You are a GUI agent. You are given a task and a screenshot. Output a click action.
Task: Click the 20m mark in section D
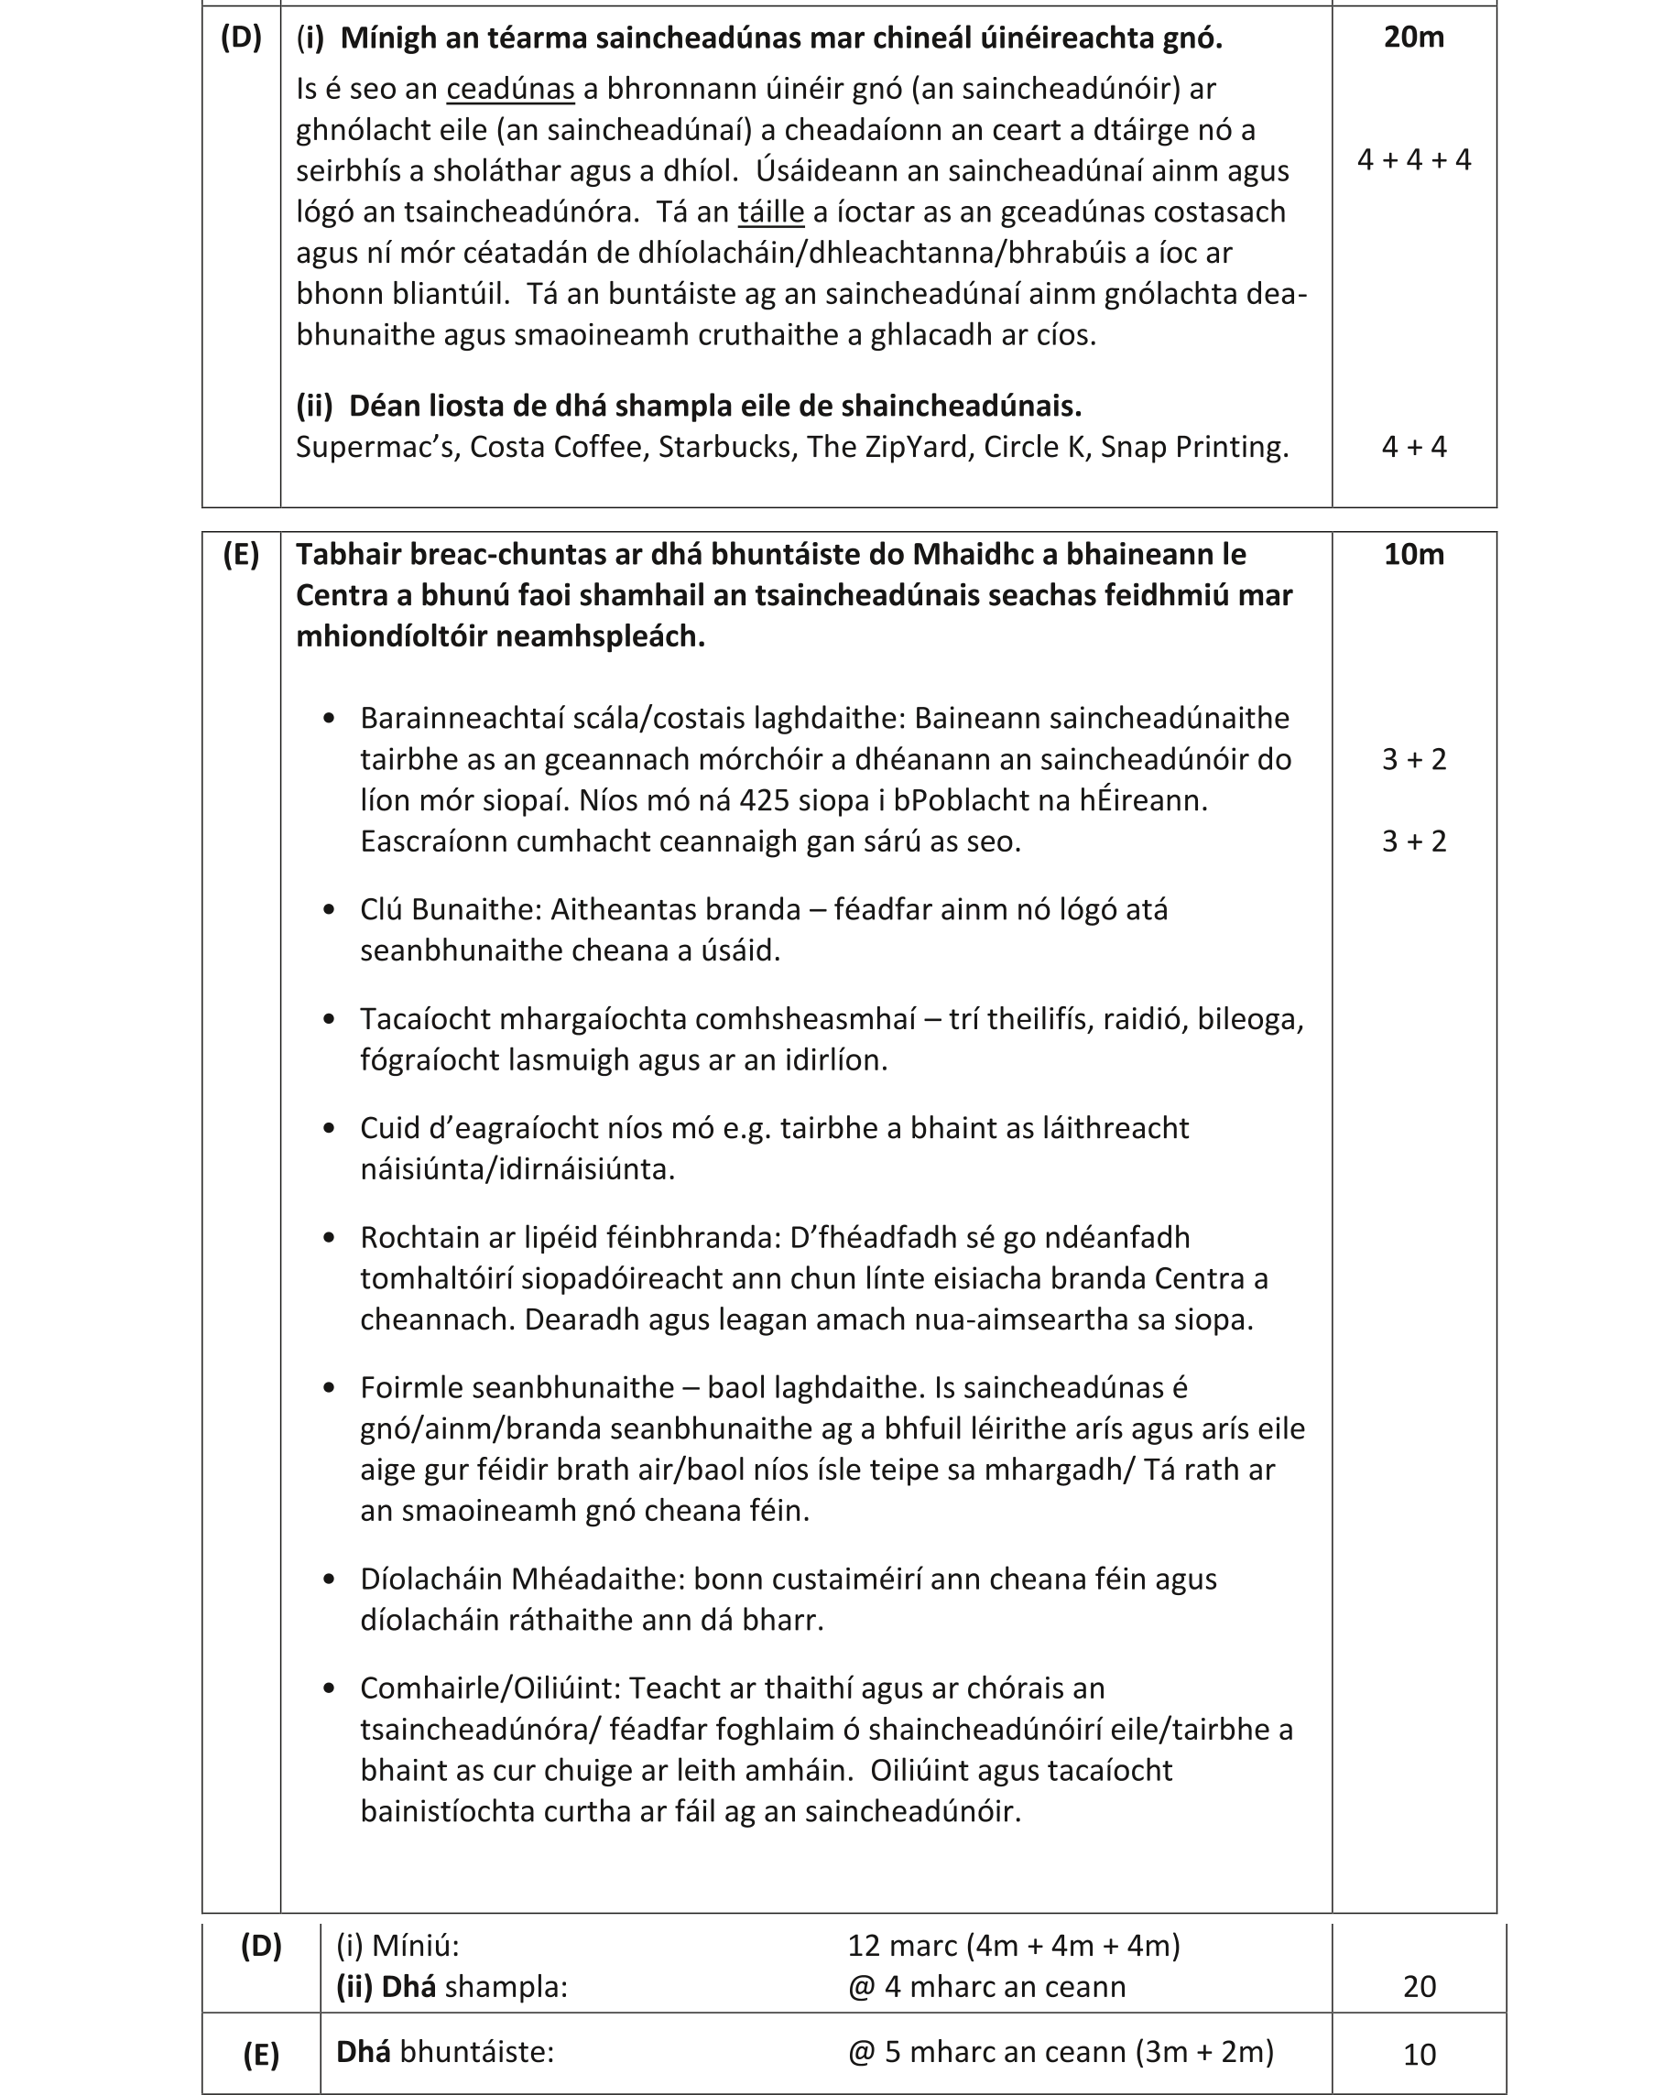pyautogui.click(x=1413, y=37)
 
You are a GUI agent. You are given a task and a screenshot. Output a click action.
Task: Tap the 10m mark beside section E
pyautogui.click(x=1413, y=554)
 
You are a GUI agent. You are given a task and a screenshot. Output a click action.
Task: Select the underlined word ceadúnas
pyautogui.click(x=510, y=90)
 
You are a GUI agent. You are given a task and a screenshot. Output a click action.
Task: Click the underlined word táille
pyautogui.click(x=771, y=212)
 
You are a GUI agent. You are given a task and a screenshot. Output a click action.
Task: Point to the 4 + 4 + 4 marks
pyautogui.click(x=1413, y=160)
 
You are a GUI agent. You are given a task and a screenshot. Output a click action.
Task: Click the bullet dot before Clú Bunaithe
pyautogui.click(x=329, y=909)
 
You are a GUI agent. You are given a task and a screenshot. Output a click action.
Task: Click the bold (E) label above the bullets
pyautogui.click(x=241, y=555)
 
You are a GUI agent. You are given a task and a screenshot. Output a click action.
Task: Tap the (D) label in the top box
pyautogui.click(x=241, y=37)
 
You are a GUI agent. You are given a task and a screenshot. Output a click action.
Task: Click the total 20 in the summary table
pyautogui.click(x=1419, y=1987)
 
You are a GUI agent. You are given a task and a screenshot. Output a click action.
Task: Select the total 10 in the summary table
pyautogui.click(x=1419, y=2055)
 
